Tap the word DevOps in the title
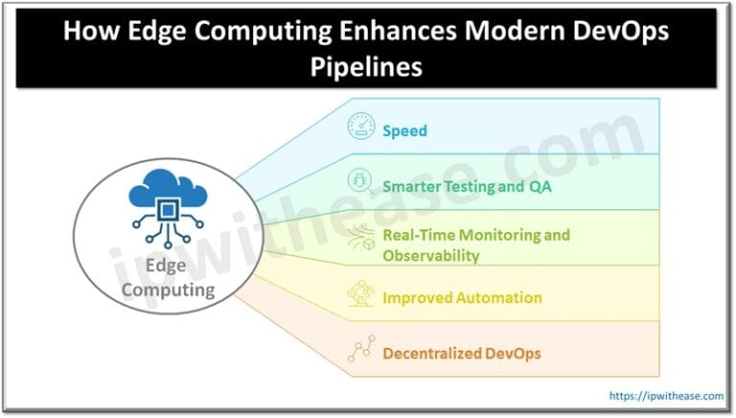click(x=614, y=31)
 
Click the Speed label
click(x=405, y=130)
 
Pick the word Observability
click(x=430, y=256)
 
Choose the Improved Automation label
click(x=462, y=298)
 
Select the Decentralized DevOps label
click(x=462, y=354)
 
